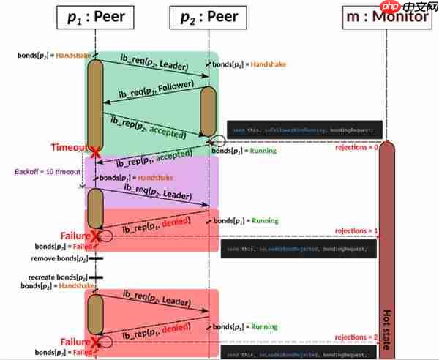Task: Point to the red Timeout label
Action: [x=68, y=147]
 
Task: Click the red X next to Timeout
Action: [x=94, y=151]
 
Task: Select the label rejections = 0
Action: [x=356, y=148]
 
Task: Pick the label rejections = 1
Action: [x=356, y=231]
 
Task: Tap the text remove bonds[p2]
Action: [x=58, y=259]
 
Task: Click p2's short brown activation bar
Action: [x=208, y=110]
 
